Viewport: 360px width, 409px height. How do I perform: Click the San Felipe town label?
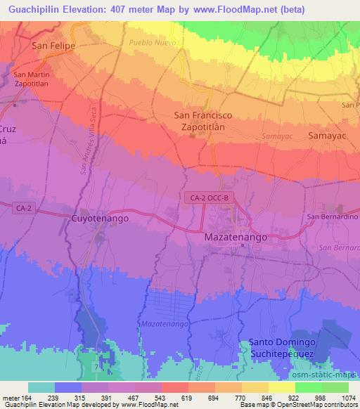(x=53, y=46)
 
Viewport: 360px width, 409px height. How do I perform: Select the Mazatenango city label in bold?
(x=236, y=238)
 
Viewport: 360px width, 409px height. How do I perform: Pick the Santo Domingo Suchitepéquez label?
(x=281, y=348)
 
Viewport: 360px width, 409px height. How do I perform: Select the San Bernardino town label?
(x=332, y=216)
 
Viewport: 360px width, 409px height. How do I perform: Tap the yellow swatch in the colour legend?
(x=282, y=387)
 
